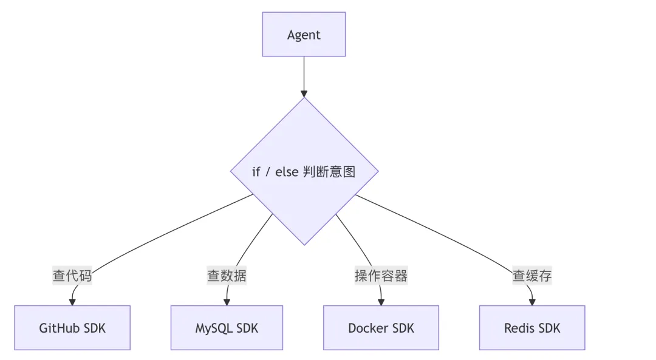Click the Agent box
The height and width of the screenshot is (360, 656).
(304, 34)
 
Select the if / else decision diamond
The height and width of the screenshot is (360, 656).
(304, 171)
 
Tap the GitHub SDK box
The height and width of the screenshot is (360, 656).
(72, 328)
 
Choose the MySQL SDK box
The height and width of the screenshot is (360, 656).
(227, 328)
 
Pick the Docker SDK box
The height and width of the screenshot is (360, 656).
(381, 328)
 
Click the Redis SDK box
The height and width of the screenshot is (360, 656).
(532, 328)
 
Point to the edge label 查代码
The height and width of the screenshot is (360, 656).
(72, 276)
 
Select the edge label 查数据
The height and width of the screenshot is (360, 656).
(227, 276)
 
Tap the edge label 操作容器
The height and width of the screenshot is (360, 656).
(381, 276)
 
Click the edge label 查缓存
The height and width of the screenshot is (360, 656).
(532, 276)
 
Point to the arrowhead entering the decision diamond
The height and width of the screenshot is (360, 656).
(304, 93)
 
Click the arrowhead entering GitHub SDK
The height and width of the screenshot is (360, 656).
(72, 302)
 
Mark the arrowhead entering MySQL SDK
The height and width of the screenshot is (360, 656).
(227, 302)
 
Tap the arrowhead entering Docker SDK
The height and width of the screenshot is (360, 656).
(381, 302)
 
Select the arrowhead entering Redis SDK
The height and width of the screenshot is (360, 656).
(532, 302)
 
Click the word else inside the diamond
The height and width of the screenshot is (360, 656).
(287, 172)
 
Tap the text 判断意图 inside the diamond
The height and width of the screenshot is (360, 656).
(329, 172)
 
